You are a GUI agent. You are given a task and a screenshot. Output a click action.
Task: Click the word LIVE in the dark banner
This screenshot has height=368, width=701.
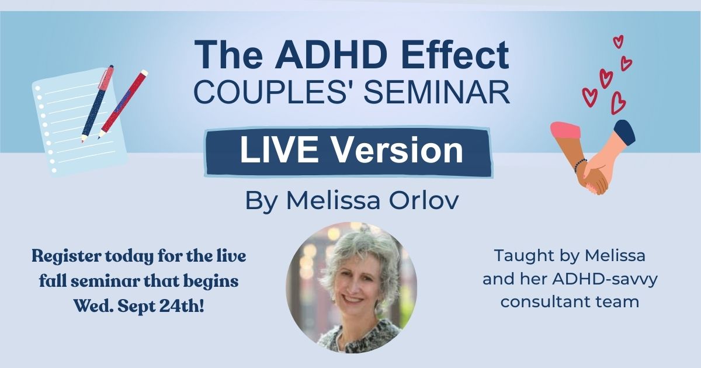click(279, 150)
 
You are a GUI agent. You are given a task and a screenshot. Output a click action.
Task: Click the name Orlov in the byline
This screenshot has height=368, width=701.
click(424, 200)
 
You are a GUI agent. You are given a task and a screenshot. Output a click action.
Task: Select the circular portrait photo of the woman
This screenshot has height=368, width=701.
click(351, 287)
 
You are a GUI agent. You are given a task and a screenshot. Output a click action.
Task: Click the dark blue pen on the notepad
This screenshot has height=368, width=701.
click(98, 103)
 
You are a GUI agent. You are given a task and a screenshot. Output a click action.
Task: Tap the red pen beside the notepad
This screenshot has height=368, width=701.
click(123, 104)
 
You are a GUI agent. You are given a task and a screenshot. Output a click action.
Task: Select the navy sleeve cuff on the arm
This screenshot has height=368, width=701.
click(624, 132)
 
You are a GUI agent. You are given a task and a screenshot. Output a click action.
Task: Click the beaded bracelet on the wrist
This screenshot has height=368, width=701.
click(580, 166)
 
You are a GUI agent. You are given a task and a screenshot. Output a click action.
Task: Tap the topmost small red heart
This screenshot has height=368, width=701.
click(618, 41)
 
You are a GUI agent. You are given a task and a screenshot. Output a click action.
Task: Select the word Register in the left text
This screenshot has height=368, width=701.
click(67, 257)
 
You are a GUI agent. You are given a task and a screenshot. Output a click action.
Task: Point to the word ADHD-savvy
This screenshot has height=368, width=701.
click(605, 279)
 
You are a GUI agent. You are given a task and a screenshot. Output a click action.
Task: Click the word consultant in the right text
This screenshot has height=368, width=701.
click(537, 302)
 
